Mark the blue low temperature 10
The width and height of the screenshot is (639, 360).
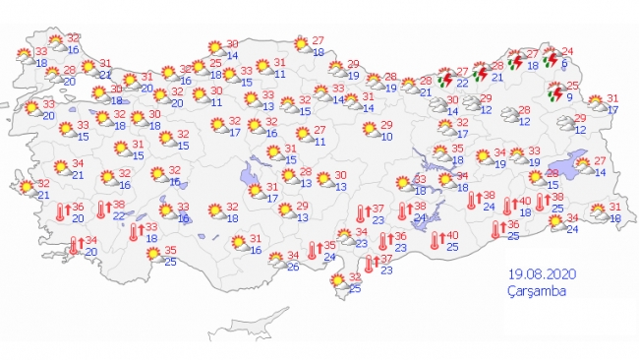(x=386, y=137)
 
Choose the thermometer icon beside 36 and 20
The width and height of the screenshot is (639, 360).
(x=60, y=211)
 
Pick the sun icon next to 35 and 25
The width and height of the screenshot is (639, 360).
(x=153, y=254)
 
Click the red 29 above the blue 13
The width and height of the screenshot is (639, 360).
(x=303, y=205)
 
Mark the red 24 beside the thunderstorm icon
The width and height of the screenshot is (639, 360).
(x=565, y=51)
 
